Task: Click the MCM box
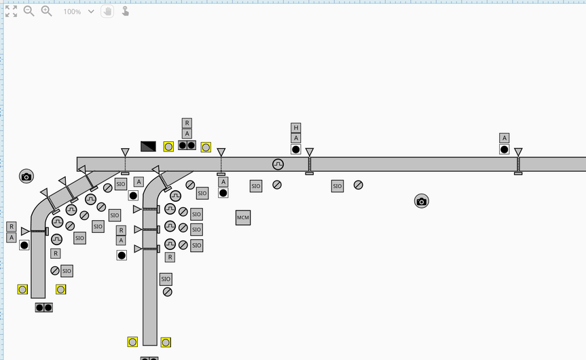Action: pos(243,217)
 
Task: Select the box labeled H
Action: pos(296,128)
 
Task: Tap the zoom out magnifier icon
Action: pos(29,12)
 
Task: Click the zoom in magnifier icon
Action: pos(46,12)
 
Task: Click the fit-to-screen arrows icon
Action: pos(11,12)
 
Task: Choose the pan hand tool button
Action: pos(107,12)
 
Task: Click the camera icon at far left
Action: pos(26,177)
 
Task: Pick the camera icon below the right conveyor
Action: pos(422,201)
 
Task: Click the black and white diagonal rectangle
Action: pos(148,146)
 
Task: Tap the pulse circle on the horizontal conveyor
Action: pos(278,164)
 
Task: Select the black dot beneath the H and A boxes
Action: pos(296,149)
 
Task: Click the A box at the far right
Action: pos(504,139)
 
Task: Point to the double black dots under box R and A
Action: pos(187,145)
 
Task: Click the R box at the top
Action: pos(187,123)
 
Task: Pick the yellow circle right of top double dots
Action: pos(206,147)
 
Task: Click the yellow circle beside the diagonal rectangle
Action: pos(168,147)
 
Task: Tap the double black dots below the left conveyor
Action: pos(44,308)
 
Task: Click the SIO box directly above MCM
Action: pos(255,186)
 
